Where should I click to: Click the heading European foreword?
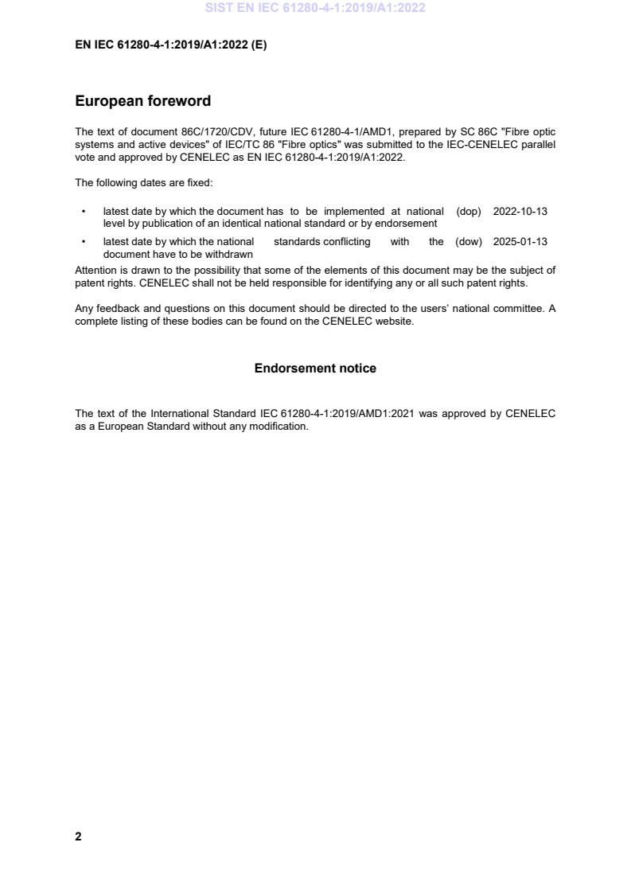142,101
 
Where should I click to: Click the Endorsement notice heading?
315,369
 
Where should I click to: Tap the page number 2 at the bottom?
78,836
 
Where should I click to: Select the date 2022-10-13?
520,212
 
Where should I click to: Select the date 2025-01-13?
520,242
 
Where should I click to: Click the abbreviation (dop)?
469,212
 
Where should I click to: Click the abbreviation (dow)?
469,242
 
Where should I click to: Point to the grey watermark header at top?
315,8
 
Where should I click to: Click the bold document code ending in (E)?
171,45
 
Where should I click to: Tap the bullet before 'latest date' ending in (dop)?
84,212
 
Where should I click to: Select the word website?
395,322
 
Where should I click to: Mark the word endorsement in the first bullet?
407,224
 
